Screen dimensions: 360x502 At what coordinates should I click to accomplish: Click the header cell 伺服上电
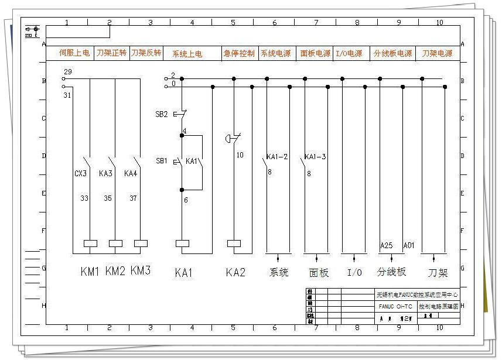74,53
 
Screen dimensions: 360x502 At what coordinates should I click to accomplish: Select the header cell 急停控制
239,53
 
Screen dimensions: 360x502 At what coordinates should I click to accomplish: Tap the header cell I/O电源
349,53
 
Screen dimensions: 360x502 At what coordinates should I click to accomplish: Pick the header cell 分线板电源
392,53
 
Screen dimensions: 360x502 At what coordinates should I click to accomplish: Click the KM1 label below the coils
90,271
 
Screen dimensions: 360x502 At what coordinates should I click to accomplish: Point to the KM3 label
141,270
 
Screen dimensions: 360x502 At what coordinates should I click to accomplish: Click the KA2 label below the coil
235,272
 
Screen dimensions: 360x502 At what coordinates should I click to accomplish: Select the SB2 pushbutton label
162,114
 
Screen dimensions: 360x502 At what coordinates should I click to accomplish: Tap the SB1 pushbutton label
161,160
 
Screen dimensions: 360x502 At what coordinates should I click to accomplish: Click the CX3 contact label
81,173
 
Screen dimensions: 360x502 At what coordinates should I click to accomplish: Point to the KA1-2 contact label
277,157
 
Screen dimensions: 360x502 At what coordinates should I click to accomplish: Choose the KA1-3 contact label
316,157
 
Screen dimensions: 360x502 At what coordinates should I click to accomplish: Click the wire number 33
84,198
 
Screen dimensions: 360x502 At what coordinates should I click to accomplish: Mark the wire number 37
133,198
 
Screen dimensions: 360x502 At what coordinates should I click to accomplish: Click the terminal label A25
387,245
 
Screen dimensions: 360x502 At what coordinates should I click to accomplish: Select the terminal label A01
409,245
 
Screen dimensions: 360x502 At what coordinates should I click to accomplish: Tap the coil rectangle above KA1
182,243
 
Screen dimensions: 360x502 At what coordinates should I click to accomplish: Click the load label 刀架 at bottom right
438,273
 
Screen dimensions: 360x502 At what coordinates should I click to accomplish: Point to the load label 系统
279,272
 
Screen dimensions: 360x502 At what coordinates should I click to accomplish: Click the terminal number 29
67,71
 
